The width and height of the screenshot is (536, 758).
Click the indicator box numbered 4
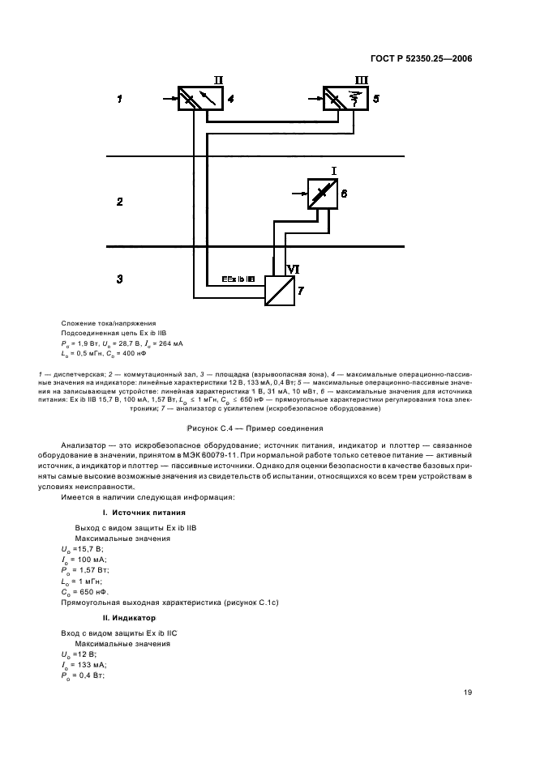point(199,99)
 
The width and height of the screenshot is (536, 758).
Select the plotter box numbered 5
point(344,99)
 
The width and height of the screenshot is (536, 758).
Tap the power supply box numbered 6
point(322,194)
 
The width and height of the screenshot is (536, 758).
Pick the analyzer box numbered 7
point(281,289)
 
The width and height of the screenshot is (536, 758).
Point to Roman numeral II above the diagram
point(217,80)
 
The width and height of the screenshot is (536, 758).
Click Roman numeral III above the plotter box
point(362,80)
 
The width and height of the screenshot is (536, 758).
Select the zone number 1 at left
point(119,99)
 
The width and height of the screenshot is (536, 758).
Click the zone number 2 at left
point(119,201)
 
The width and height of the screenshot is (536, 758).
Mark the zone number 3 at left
point(119,279)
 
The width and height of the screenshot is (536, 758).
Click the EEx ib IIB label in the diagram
point(238,279)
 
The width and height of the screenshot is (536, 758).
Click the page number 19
point(468,692)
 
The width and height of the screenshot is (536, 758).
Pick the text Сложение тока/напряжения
point(108,322)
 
